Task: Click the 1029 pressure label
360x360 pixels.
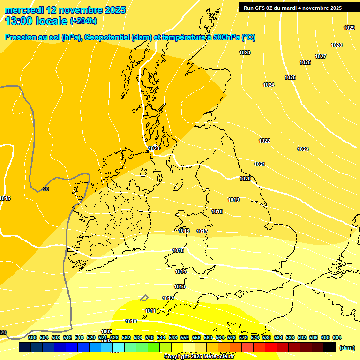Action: [x=349, y=28]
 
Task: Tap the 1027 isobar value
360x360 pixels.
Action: [x=321, y=56]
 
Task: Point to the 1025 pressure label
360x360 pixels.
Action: [x=290, y=77]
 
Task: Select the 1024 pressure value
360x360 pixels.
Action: [x=269, y=85]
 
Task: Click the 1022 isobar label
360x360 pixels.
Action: [x=264, y=141]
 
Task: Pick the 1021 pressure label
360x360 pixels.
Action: [x=260, y=164]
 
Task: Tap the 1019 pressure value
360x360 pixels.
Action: [x=233, y=200]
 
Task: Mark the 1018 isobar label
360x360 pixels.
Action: [x=217, y=211]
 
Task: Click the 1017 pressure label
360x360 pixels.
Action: [x=202, y=231]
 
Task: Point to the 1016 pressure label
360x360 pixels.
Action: [x=184, y=231]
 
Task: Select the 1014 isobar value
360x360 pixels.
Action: [x=180, y=271]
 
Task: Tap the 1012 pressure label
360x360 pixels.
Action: [x=168, y=298]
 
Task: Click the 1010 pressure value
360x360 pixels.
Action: [x=131, y=321]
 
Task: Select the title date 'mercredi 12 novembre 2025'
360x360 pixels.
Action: [x=65, y=10]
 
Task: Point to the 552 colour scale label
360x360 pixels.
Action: [x=185, y=337]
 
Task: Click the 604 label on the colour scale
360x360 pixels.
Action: [x=337, y=337]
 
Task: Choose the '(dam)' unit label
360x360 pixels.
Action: [x=347, y=347]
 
